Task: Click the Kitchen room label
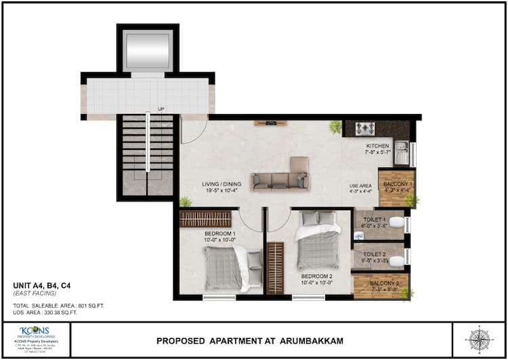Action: click(x=378, y=146)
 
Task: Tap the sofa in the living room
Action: click(x=279, y=179)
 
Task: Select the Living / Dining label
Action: click(x=221, y=184)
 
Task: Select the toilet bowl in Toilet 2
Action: click(x=398, y=260)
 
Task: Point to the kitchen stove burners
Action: click(x=365, y=128)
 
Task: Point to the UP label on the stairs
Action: click(x=161, y=109)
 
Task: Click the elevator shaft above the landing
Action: click(x=148, y=49)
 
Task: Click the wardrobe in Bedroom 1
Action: click(x=205, y=218)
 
